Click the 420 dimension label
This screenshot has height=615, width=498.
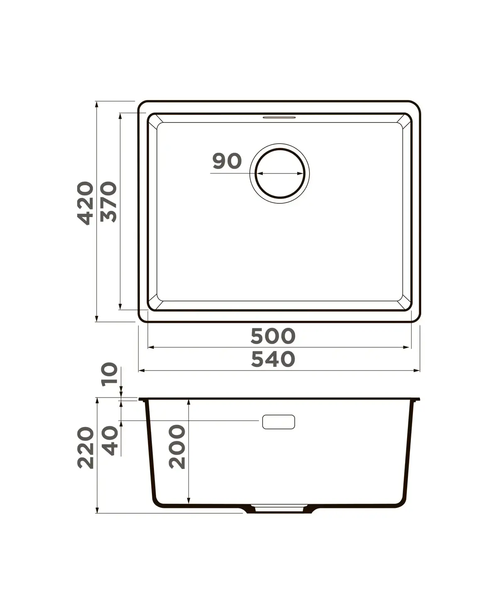[85, 203]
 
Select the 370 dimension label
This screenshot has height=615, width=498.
[109, 202]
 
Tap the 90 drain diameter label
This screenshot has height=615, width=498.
[227, 161]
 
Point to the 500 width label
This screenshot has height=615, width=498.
[273, 336]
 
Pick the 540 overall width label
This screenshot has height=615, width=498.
[273, 359]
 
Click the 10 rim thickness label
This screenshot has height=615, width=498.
[110, 374]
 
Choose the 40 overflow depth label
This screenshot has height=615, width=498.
[110, 441]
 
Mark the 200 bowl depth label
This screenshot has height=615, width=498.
[177, 447]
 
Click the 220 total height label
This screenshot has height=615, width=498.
[85, 447]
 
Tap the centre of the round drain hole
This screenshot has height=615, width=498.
[280, 173]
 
